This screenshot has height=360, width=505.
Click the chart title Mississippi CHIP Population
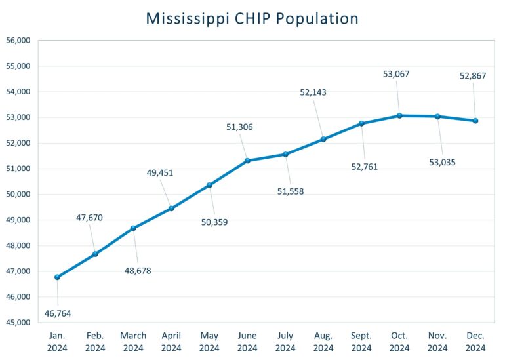(253, 18)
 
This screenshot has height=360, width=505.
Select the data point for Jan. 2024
(57, 277)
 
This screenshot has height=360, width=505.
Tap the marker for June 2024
(247, 161)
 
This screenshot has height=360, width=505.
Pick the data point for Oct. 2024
(399, 116)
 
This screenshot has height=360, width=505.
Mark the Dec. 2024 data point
(475, 121)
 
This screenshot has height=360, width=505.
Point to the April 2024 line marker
(171, 209)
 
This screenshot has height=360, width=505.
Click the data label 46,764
(57, 314)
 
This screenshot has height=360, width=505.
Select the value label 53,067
(396, 74)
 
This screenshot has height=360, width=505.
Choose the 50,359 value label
(215, 222)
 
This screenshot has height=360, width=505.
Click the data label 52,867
(473, 76)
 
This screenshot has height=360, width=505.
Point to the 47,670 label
(89, 218)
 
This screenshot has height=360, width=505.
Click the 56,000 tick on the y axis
(18, 41)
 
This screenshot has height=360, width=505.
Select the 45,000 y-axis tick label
(18, 323)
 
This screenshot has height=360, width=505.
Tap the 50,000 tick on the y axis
(18, 194)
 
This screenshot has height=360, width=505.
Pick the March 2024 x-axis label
(133, 342)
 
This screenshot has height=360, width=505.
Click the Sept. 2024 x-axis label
(361, 342)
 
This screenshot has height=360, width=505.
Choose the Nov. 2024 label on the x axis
(437, 342)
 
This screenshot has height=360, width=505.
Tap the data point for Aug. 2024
(323, 139)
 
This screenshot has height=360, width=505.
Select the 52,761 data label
(365, 167)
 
